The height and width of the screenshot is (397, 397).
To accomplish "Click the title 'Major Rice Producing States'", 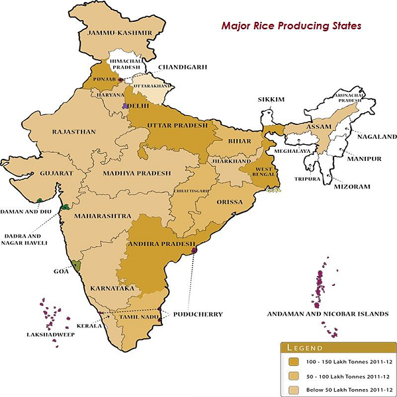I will tap(290, 27).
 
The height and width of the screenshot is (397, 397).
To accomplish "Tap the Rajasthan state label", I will tap(73, 132).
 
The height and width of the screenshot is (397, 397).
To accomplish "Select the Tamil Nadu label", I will tap(137, 318).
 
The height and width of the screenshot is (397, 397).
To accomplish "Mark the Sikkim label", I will tap(271, 99).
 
